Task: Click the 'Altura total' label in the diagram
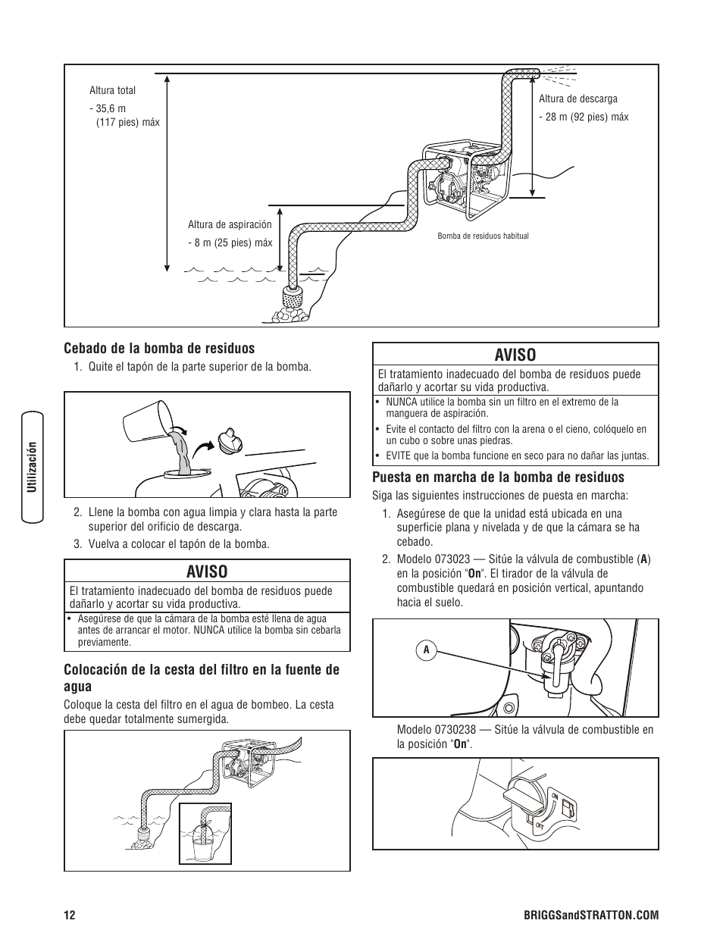[112, 91]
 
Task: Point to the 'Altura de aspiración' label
[230, 225]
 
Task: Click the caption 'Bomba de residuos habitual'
[483, 236]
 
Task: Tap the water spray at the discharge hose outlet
[559, 76]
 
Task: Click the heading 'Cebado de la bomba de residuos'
[159, 349]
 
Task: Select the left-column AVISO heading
[206, 571]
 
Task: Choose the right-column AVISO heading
[515, 355]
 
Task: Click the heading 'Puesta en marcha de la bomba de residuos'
[498, 477]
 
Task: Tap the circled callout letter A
[427, 650]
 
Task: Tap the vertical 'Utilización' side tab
[33, 467]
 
